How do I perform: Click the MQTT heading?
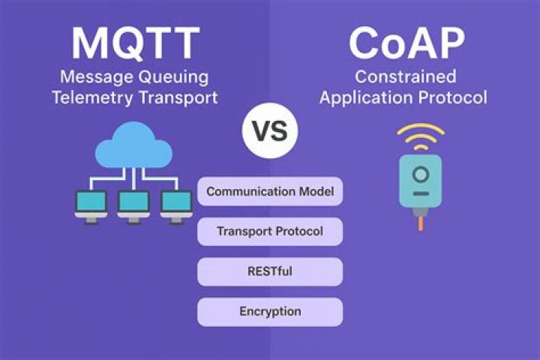click(x=135, y=43)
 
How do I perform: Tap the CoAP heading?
click(x=406, y=43)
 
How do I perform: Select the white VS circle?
click(x=270, y=130)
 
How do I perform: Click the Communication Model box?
click(x=270, y=191)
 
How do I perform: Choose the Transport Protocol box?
click(x=270, y=231)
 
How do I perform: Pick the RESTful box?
click(x=270, y=271)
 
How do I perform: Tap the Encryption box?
click(x=270, y=312)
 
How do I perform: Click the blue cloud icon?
click(x=133, y=146)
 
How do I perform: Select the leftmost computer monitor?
click(x=91, y=207)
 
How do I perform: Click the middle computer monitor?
click(x=133, y=207)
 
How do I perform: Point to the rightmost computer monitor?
click(x=176, y=207)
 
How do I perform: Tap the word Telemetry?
click(x=92, y=98)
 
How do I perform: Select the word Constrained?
click(x=406, y=76)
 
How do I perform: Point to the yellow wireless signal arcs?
click(x=421, y=136)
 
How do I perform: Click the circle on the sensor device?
click(x=421, y=175)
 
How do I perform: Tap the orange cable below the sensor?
click(x=421, y=223)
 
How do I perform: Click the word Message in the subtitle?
click(x=97, y=77)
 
